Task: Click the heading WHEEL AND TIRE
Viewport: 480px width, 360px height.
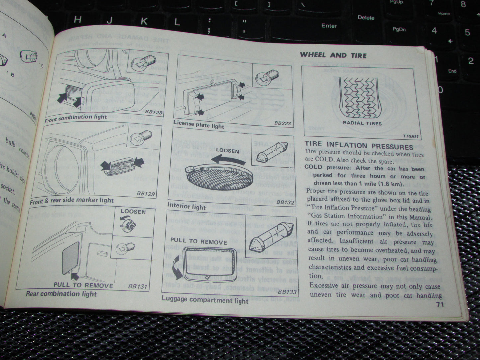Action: [333, 55]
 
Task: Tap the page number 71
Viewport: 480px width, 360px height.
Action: [440, 306]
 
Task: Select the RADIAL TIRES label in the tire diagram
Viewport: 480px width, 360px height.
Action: [362, 123]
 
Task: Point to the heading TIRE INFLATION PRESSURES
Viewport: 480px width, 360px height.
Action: [359, 146]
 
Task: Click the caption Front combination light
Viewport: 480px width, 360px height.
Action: [76, 117]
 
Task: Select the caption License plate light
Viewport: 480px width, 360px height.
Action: [199, 124]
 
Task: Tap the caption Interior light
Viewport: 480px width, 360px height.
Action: [186, 206]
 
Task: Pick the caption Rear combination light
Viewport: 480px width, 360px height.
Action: [61, 294]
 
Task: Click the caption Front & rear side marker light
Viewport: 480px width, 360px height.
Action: [71, 201]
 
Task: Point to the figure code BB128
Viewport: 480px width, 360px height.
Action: [154, 112]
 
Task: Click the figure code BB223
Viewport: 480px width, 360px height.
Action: [282, 123]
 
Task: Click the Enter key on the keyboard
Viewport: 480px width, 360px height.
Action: [329, 26]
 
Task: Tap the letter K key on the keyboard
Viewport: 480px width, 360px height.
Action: [144, 21]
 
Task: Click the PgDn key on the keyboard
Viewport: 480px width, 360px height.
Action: [399, 29]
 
